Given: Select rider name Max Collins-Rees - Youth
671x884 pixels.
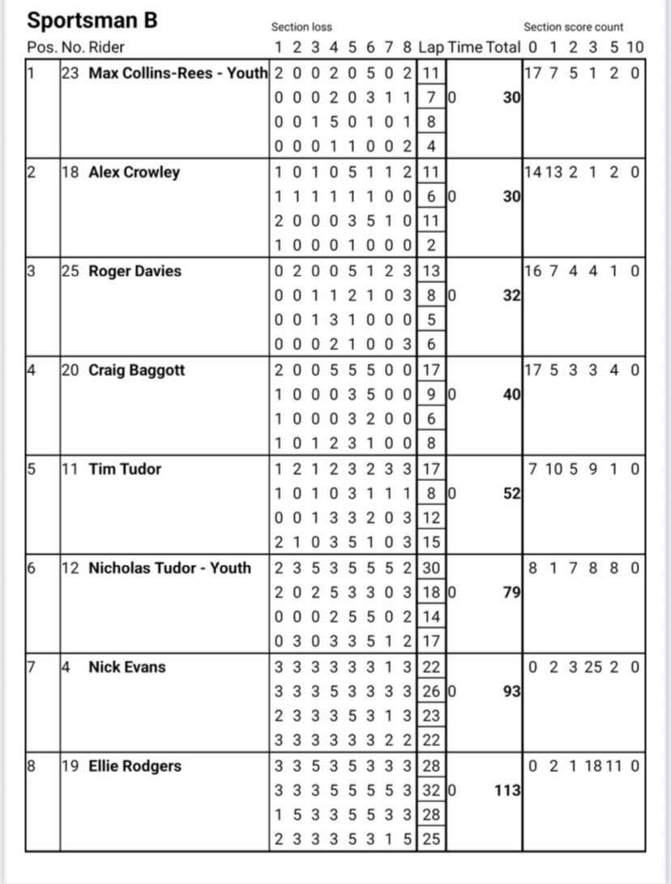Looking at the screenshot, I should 177,73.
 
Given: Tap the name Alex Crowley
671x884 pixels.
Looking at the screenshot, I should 134,172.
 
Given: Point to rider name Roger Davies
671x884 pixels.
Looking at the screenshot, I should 135,271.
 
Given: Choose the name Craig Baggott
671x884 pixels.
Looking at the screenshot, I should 136,370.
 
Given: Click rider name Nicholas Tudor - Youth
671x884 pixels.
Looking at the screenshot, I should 169,568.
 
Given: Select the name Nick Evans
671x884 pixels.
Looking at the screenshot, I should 126,667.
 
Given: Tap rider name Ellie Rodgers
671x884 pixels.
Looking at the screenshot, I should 135,766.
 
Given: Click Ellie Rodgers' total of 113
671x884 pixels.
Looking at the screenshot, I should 506,790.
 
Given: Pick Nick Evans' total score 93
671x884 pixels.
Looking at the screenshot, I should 511,691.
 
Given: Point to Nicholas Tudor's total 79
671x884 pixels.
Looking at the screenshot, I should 511,592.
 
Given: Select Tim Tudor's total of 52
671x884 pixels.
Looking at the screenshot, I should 511,493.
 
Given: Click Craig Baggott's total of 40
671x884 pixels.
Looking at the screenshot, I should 511,394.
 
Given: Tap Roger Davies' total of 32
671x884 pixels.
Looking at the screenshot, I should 511,295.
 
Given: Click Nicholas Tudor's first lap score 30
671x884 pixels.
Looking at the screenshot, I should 431,568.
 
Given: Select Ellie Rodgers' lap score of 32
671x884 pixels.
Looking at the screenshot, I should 431,790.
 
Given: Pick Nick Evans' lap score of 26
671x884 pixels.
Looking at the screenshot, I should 431,691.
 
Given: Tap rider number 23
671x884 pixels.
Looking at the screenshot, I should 71,73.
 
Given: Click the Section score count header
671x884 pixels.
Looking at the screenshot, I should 573,27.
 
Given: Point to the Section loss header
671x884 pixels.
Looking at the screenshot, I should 301,27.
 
